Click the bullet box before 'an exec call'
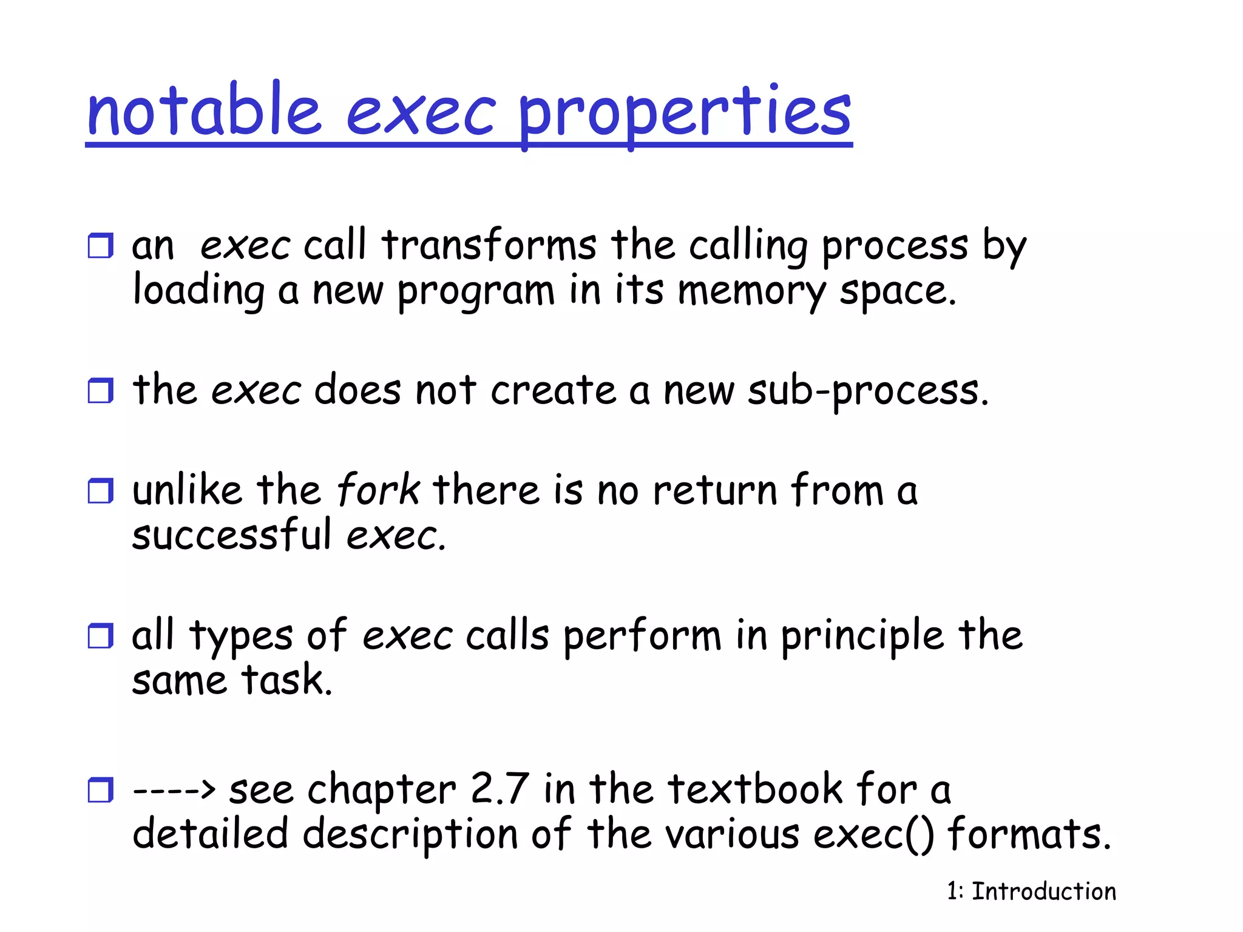coord(101,246)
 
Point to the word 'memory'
coord(751,292)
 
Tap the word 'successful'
coord(232,535)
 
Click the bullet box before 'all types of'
coord(101,636)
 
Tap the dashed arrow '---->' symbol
coord(174,790)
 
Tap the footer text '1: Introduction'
coord(1031,891)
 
